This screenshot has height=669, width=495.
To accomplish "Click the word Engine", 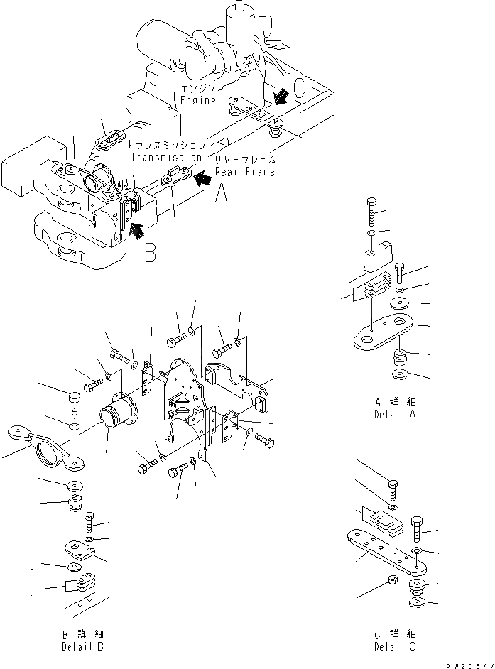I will pyautogui.click(x=197, y=101).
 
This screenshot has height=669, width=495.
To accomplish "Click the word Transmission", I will pyautogui.click(x=165, y=157).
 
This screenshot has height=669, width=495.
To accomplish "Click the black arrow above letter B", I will pyautogui.click(x=136, y=229).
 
